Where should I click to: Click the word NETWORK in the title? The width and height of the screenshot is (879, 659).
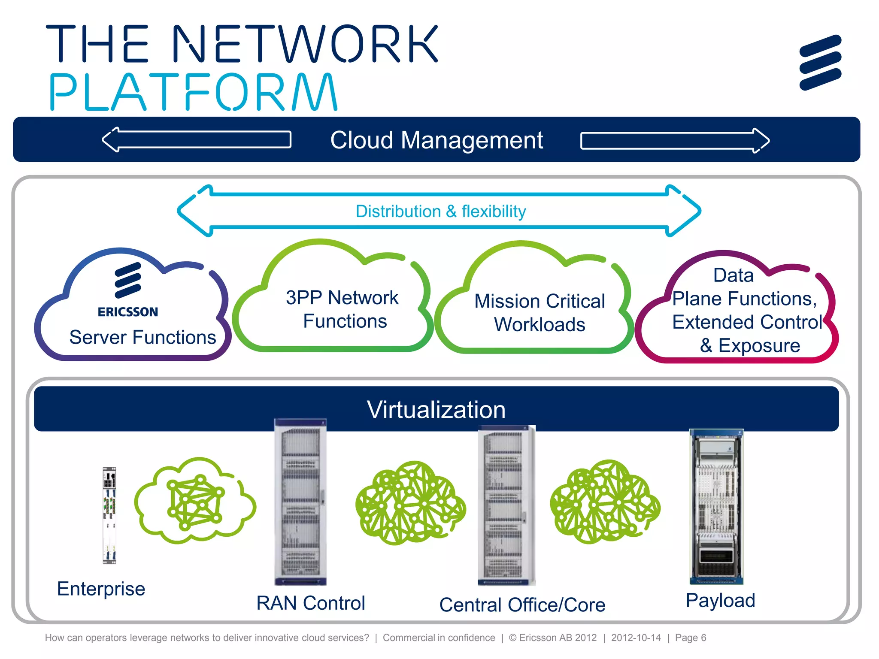[306, 44]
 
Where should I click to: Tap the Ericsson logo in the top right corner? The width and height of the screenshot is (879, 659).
[820, 63]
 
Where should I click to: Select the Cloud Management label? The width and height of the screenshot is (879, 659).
[436, 140]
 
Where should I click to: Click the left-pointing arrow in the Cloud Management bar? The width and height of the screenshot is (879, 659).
[197, 140]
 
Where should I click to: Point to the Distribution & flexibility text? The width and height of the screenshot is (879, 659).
[441, 212]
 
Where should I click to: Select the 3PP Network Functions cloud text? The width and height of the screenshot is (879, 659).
[343, 309]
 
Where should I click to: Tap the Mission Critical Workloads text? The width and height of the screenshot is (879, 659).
[540, 313]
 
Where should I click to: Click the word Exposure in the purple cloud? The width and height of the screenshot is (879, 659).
[759, 346]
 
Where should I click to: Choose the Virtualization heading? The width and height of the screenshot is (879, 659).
[436, 410]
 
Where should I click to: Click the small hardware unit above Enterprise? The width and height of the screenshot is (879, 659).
[109, 515]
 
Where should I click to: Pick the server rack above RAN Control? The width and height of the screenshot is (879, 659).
[300, 502]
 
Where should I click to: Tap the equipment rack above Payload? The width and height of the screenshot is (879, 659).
[716, 507]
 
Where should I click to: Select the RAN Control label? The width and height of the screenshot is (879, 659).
[311, 603]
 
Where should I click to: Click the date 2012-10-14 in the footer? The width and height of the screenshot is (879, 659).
[636, 638]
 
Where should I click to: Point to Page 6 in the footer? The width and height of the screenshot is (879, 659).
[690, 638]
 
